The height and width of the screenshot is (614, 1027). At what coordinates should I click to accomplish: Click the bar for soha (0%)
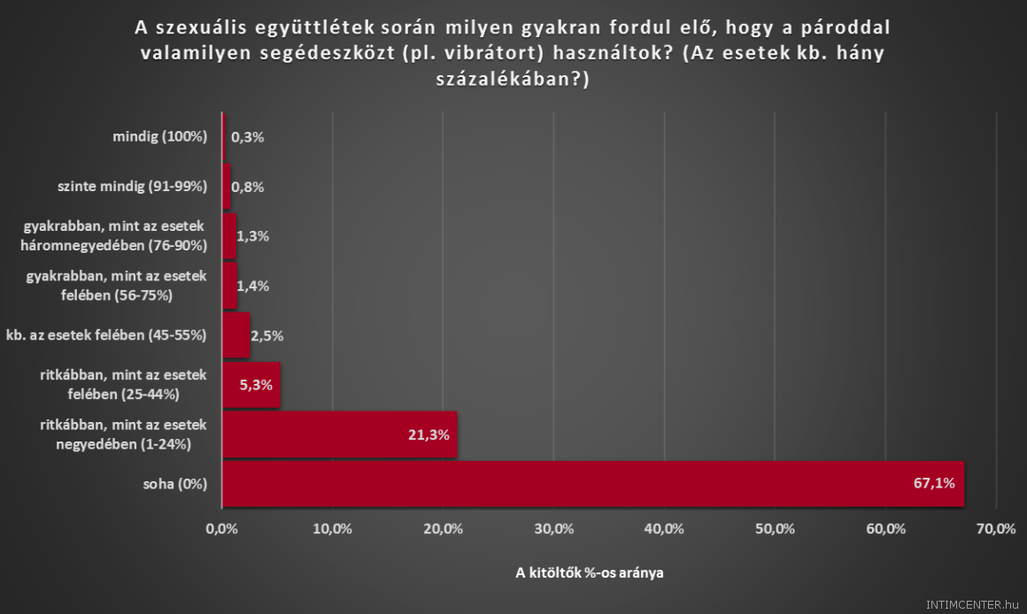(592, 483)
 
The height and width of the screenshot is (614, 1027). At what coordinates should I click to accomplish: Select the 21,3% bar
(339, 434)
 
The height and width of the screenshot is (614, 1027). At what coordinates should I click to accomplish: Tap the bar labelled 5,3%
(251, 385)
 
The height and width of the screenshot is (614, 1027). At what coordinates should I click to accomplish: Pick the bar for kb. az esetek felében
(236, 335)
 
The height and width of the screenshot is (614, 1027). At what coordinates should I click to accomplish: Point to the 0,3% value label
(248, 137)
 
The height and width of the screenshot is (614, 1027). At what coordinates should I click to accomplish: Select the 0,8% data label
(248, 187)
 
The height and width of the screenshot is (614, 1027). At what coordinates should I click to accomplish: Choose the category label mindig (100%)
(159, 137)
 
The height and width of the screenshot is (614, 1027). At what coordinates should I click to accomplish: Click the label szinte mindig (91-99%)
(131, 187)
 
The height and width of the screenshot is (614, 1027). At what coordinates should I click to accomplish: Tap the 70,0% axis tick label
(995, 529)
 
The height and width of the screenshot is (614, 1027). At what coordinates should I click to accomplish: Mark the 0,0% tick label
(222, 529)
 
